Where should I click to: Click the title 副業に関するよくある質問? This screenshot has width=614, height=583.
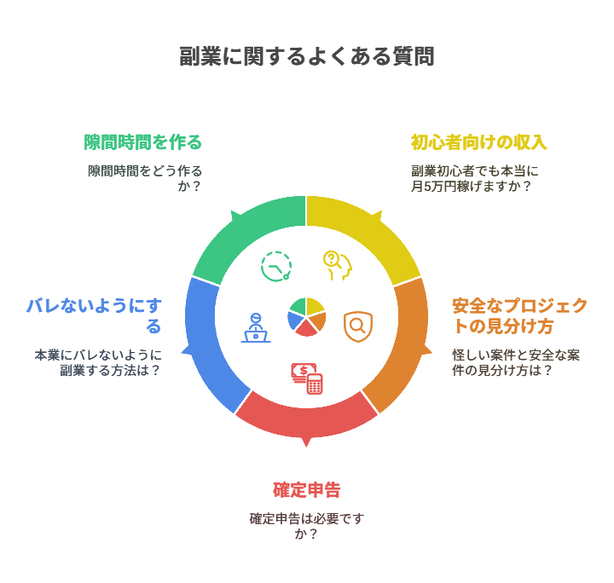[307, 57]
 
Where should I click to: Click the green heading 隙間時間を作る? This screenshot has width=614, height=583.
[143, 141]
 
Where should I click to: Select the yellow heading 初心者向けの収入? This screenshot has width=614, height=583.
[478, 141]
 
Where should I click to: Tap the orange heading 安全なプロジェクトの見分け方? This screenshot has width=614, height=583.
[519, 315]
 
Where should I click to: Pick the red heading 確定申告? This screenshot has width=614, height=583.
[307, 490]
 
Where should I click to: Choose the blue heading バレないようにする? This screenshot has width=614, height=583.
[94, 315]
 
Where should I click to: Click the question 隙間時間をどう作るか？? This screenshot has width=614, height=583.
[145, 177]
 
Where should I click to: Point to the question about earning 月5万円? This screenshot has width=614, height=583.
[474, 177]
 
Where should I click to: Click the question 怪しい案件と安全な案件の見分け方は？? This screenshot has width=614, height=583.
[515, 362]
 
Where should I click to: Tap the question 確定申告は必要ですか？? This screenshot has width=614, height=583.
[307, 526]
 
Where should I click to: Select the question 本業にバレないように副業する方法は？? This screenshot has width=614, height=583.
[98, 362]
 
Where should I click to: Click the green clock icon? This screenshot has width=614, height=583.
[275, 267]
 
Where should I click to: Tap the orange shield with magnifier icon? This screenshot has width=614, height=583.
[358, 326]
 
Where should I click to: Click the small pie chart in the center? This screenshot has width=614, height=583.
[307, 316]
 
